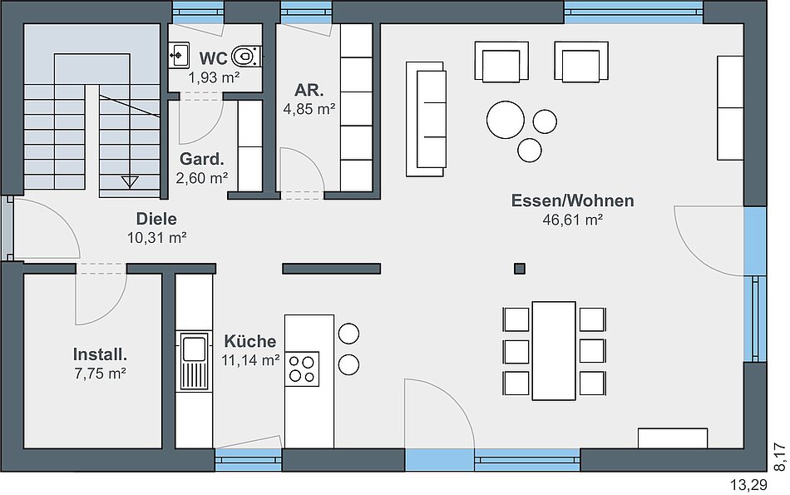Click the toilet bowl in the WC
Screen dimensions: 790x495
point(246,56)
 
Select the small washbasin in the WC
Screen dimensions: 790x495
point(179,55)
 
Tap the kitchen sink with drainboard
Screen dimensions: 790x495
point(194,361)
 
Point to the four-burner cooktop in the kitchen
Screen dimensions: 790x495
point(302,369)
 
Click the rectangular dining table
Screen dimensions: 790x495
point(554,351)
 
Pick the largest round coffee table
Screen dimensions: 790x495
point(506,120)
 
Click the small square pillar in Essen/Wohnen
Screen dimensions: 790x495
point(520,269)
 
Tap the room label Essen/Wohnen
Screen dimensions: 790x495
point(572,200)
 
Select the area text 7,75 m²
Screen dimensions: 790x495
point(101,374)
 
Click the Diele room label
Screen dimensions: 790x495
point(156,219)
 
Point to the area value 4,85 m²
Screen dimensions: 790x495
point(309,109)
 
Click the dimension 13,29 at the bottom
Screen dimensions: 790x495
point(748,485)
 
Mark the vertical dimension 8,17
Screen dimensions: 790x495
point(779,457)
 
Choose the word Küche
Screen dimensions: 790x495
point(250,341)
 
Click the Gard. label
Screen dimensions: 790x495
point(201,159)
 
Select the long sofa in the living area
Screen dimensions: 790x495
point(426,120)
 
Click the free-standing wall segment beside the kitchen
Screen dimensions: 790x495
point(331,269)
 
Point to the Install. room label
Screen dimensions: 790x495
point(100,354)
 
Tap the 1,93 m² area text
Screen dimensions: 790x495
point(214,77)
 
